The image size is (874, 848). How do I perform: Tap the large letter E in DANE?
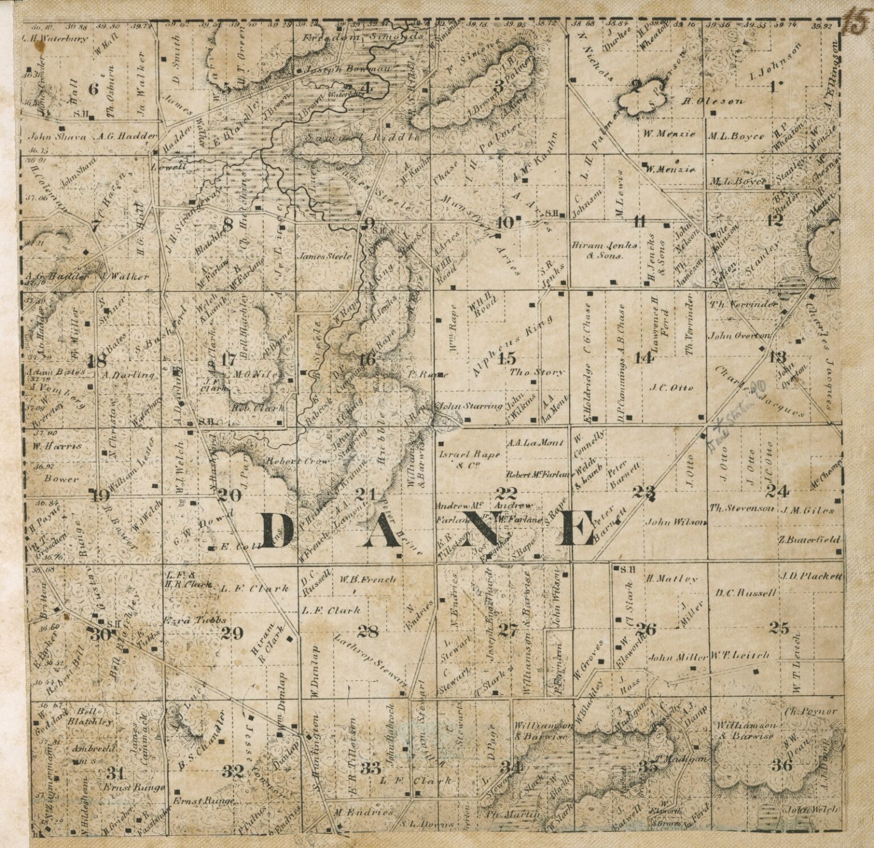click(576, 529)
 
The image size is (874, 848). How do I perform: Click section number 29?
click(232, 632)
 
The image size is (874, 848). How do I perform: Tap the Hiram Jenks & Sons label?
click(596, 251)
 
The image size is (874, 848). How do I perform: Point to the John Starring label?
click(470, 406)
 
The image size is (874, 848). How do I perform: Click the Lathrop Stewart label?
click(372, 657)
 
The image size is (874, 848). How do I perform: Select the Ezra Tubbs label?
click(195, 620)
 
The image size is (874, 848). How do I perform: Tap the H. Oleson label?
click(712, 102)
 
